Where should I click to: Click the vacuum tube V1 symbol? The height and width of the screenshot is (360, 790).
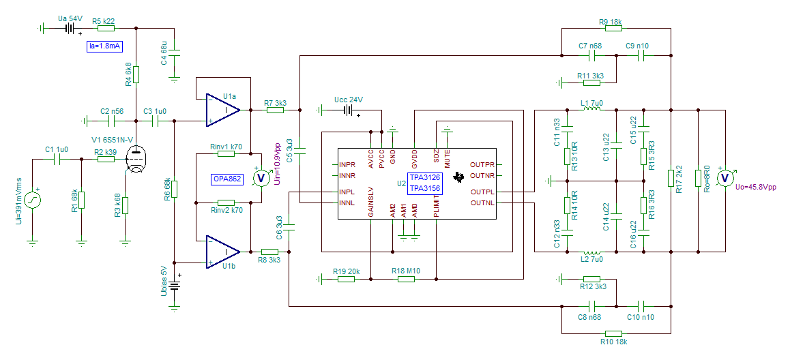[136, 160]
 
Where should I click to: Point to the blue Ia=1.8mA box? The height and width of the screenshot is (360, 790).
[104, 47]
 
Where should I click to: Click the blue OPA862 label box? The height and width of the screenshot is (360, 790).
[227, 179]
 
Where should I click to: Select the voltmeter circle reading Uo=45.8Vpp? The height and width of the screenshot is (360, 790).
[725, 178]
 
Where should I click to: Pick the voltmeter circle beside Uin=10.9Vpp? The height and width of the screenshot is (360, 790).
[261, 178]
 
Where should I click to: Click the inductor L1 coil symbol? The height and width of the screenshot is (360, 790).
[592, 109]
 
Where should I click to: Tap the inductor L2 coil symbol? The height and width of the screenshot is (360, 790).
[592, 251]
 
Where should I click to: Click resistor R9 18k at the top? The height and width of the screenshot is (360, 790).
[613, 28]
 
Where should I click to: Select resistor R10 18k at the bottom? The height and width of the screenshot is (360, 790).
[613, 333]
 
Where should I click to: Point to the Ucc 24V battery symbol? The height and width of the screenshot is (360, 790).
[347, 109]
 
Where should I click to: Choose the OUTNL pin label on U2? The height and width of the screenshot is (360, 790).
[482, 203]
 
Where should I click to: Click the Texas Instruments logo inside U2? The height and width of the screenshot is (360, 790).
[458, 177]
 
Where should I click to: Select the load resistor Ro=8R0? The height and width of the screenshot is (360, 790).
[699, 178]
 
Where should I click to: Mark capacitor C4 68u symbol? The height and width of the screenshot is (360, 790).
[175, 52]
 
